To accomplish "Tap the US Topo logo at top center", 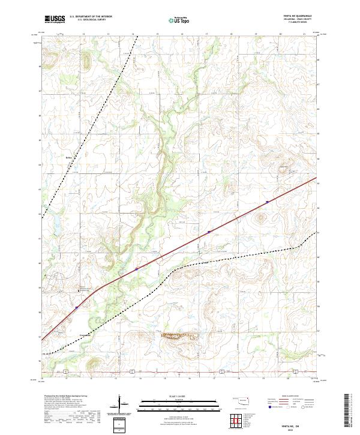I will [175, 20].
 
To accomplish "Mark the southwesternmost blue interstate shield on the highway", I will [77, 308].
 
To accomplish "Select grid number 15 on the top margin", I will [157, 35].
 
